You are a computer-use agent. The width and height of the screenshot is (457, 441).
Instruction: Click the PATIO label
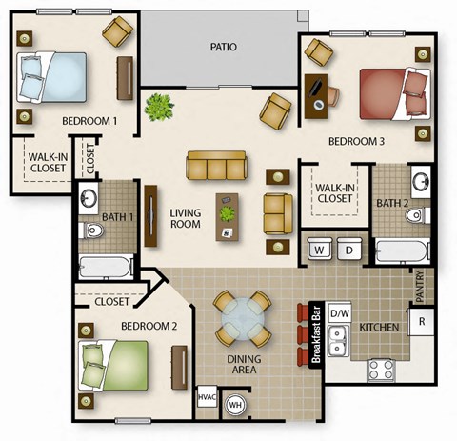point(224,46)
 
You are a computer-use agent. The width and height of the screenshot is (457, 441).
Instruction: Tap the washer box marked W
point(320,250)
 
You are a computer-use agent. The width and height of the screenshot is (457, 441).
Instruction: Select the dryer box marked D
point(348,250)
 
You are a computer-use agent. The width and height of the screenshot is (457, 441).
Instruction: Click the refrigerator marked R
point(421,321)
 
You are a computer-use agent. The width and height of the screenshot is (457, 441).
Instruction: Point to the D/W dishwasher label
point(339,312)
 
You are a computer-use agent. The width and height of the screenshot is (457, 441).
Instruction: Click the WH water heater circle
point(234,405)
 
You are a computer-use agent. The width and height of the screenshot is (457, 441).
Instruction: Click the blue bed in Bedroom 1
point(52,76)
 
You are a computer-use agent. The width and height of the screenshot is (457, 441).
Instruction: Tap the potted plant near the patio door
point(158,106)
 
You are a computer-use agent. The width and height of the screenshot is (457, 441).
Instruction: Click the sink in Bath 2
point(419,182)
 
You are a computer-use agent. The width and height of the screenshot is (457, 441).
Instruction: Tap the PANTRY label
point(420,283)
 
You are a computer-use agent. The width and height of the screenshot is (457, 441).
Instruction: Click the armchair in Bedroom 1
point(118,32)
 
